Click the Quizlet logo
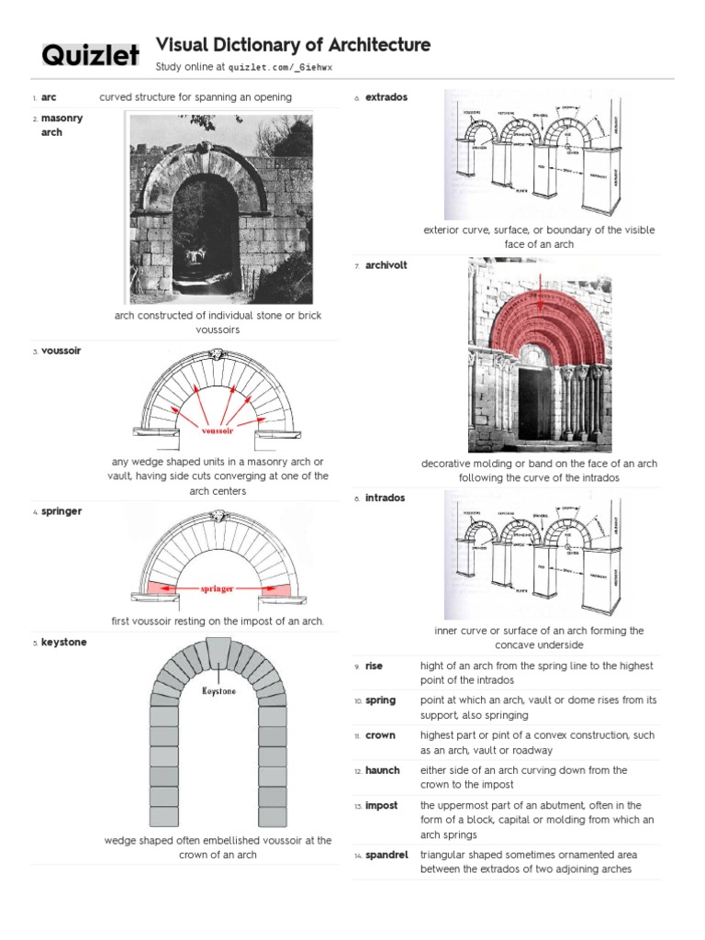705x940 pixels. click(x=90, y=56)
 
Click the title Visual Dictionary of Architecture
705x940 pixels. click(x=293, y=45)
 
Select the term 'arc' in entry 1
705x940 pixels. click(x=49, y=97)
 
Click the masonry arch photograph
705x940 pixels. click(x=220, y=208)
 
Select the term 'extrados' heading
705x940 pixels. click(x=386, y=97)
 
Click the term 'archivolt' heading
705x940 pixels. click(x=386, y=265)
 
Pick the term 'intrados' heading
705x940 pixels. click(x=385, y=498)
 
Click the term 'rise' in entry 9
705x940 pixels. click(x=374, y=666)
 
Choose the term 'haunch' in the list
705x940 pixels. click(x=382, y=771)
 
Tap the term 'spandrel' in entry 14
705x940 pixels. click(x=386, y=856)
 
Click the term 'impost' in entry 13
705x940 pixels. click(x=381, y=806)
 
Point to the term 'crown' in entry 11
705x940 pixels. click(x=380, y=736)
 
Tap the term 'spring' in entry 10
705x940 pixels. click(x=380, y=700)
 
